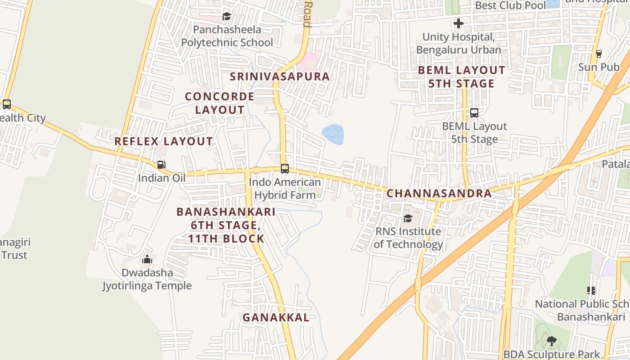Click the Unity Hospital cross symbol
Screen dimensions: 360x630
pos(459,23)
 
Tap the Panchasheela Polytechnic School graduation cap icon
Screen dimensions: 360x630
pos(226,17)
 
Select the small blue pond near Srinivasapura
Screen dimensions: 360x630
pos(333,134)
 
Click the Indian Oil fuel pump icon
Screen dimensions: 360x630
pos(161,165)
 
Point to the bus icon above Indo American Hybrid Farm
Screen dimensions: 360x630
pos(284,169)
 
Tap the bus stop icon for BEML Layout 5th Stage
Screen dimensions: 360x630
pos(474,113)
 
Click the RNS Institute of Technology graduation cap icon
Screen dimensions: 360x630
pos(408,218)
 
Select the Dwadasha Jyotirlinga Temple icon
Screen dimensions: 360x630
pos(147,260)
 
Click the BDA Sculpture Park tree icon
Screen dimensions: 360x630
pos(551,341)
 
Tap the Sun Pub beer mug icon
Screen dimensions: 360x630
pos(598,54)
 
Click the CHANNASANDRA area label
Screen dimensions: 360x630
pos(439,193)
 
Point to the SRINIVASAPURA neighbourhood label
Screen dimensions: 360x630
pos(280,76)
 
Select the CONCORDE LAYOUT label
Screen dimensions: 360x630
pos(220,103)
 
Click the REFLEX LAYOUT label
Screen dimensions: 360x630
pos(163,141)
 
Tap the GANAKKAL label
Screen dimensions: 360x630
pos(276,317)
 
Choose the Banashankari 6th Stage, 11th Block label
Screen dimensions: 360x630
pos(226,225)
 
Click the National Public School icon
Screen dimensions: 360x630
pos(591,291)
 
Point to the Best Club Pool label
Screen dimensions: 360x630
pos(510,5)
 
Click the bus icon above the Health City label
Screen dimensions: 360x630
pos(7,104)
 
